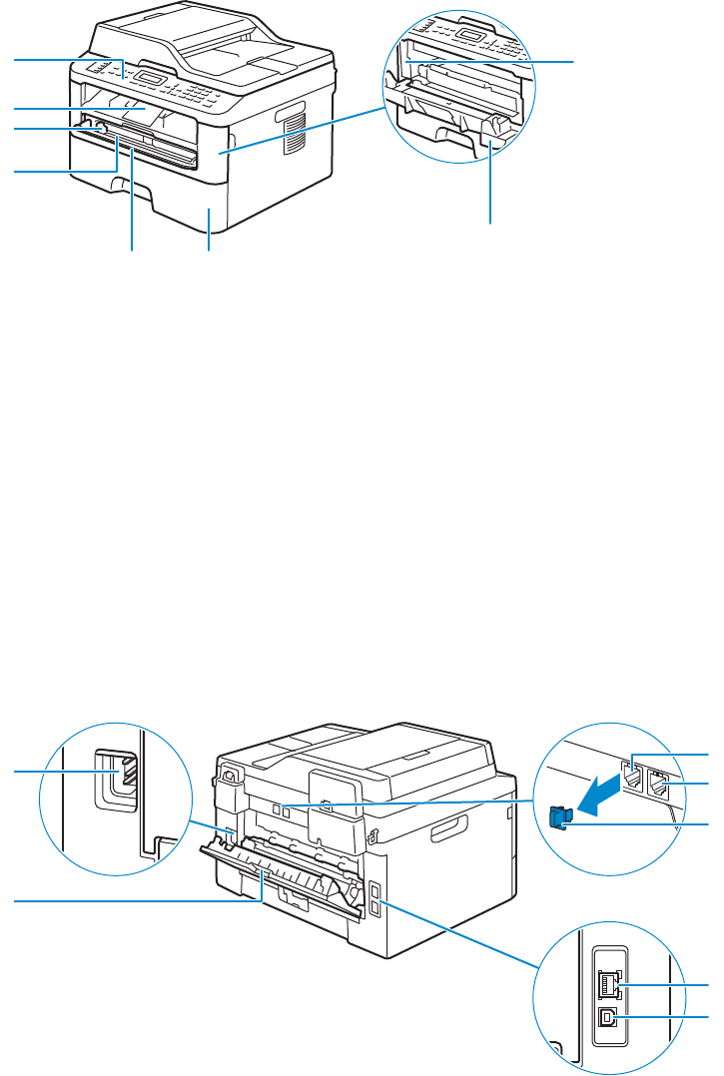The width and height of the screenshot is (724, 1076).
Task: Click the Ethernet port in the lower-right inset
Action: (x=608, y=986)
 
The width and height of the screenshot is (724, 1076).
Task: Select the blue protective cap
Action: (x=559, y=817)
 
